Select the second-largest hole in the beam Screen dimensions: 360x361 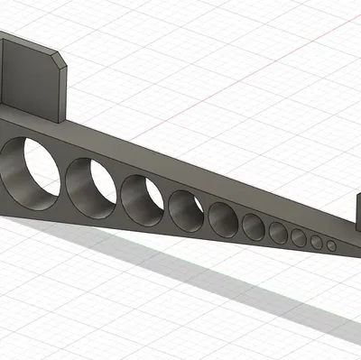pos(91,187)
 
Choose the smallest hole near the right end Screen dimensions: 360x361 pos(331,245)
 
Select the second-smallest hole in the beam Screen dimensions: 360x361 pos(317,243)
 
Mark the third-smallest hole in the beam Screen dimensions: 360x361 pos(299,238)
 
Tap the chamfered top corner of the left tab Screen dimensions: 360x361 pos(60,60)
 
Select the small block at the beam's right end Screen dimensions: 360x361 pos(356,217)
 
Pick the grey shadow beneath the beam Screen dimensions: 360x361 pos(180,271)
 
